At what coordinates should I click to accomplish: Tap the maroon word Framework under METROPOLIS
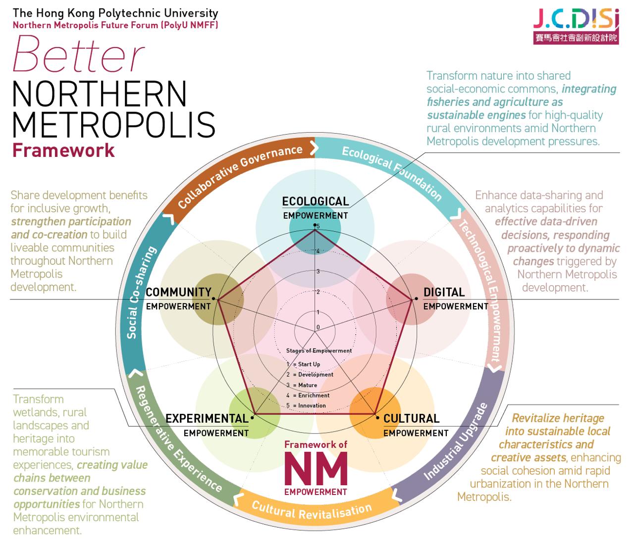click(x=63, y=150)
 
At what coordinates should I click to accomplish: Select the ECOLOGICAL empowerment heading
click(x=316, y=201)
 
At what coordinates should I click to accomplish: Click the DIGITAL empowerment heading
click(x=444, y=293)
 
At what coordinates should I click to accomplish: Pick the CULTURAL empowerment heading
click(x=411, y=419)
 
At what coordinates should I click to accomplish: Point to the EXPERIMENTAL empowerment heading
click(x=207, y=419)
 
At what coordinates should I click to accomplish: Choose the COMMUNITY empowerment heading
click(x=178, y=293)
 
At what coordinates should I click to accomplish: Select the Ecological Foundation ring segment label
click(x=391, y=173)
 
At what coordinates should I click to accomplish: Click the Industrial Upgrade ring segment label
click(x=456, y=442)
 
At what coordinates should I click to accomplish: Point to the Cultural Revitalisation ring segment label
click(x=312, y=509)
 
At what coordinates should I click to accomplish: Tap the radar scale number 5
click(x=318, y=227)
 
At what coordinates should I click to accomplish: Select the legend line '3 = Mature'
click(x=302, y=385)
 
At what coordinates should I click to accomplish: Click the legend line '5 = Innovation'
click(x=306, y=406)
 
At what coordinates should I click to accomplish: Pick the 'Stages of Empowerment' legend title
click(x=319, y=351)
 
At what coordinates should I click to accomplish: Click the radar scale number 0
click(x=318, y=327)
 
